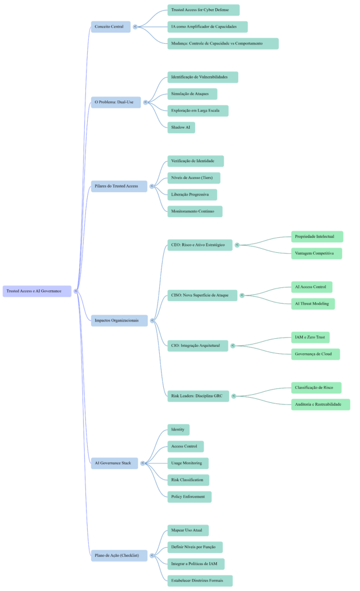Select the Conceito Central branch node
pyautogui.click(x=110, y=27)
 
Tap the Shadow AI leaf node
pyautogui.click(x=181, y=127)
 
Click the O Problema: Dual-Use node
pyautogui.click(x=115, y=102)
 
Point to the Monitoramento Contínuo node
pyautogui.click(x=194, y=211)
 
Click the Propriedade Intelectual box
pyautogui.click(x=317, y=237)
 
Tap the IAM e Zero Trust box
pyautogui.click(x=310, y=337)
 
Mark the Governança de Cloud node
pyautogui.click(x=315, y=354)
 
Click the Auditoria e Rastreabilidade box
pyautogui.click(x=320, y=405)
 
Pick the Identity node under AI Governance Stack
pyautogui.click(x=178, y=429)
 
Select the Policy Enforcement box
pyautogui.click(x=189, y=496)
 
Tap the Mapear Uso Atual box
pyautogui.click(x=187, y=530)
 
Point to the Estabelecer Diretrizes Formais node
pyautogui.click(x=200, y=580)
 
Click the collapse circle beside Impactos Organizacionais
pyautogui.click(x=152, y=320)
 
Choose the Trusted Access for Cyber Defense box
pyautogui.click(x=203, y=10)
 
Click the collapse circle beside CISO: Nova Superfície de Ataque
pyautogui.click(x=242, y=295)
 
